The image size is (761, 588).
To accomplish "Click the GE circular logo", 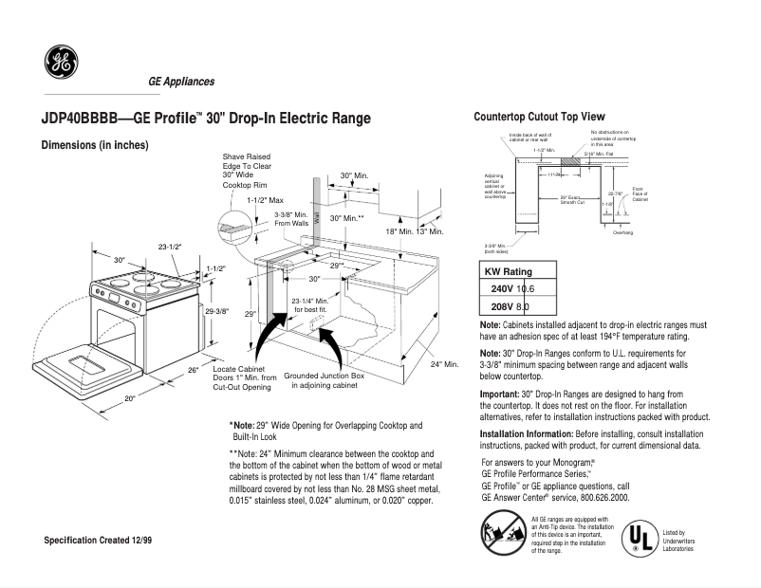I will coord(61,63).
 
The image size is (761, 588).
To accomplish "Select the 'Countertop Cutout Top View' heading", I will coord(539,116).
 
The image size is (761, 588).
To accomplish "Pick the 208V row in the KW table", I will coord(510,306).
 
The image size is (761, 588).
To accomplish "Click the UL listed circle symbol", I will coord(639,537).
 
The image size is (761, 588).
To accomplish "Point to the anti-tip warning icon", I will coord(501,532).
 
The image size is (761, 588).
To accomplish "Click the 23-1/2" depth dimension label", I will coord(171,248).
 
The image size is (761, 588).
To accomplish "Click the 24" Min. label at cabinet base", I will coord(443,364).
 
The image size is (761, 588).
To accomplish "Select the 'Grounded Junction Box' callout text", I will coord(325,380).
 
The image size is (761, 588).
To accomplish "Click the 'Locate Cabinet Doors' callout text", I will coord(244,377).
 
